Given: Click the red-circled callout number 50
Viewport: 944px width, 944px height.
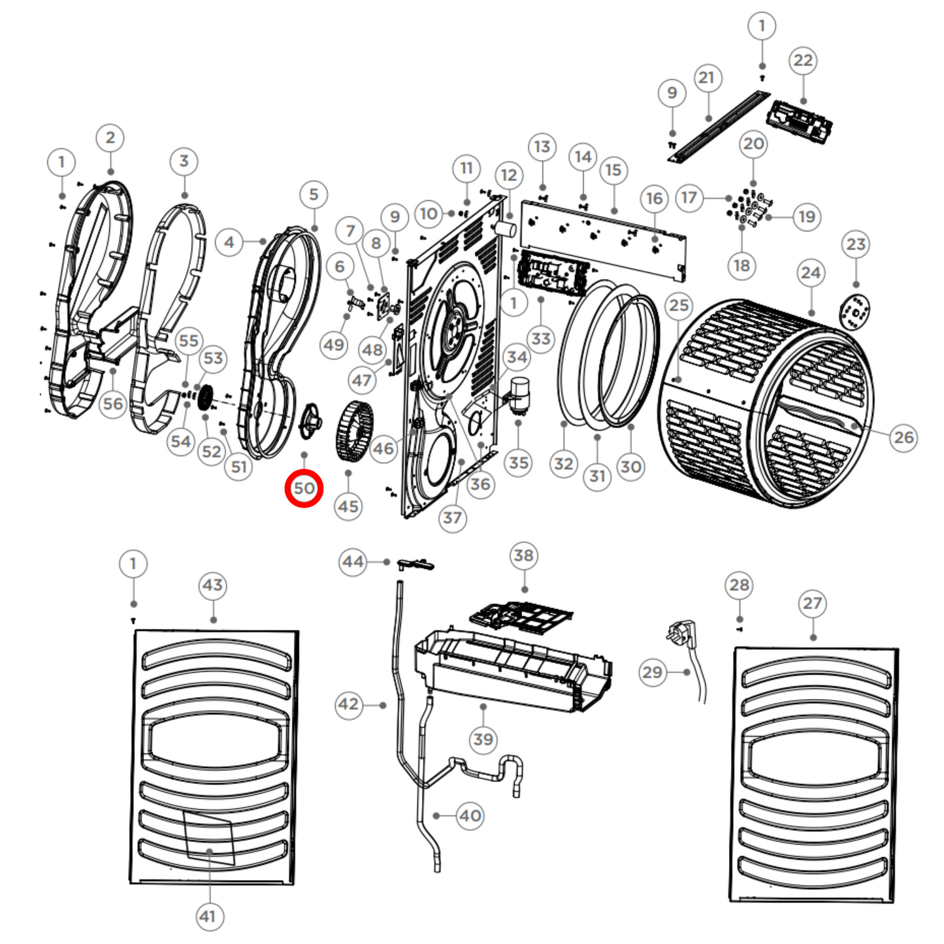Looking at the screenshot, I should (x=304, y=488).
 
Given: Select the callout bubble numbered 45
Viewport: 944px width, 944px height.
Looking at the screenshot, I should (x=348, y=506).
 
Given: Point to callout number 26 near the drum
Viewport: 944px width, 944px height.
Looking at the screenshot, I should (x=903, y=437).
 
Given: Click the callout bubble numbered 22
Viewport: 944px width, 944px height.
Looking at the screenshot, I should (x=803, y=61).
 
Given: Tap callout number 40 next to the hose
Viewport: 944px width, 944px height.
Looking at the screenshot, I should (x=470, y=815).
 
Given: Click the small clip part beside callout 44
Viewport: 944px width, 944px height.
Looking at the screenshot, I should (x=414, y=564).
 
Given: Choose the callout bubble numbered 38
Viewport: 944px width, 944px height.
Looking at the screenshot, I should (x=523, y=556).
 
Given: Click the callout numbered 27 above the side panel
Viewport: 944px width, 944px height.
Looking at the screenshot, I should (x=812, y=603).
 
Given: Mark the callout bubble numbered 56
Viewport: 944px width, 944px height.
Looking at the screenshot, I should (x=112, y=404).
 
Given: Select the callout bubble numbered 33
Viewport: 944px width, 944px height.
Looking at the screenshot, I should (x=541, y=338).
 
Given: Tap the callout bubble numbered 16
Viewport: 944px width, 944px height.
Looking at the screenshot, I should (x=655, y=199).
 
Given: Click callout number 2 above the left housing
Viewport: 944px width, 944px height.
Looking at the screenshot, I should (x=110, y=138).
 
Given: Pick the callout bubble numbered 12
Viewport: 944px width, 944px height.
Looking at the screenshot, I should (x=509, y=175).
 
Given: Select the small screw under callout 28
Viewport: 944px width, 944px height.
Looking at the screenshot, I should (x=739, y=628).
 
